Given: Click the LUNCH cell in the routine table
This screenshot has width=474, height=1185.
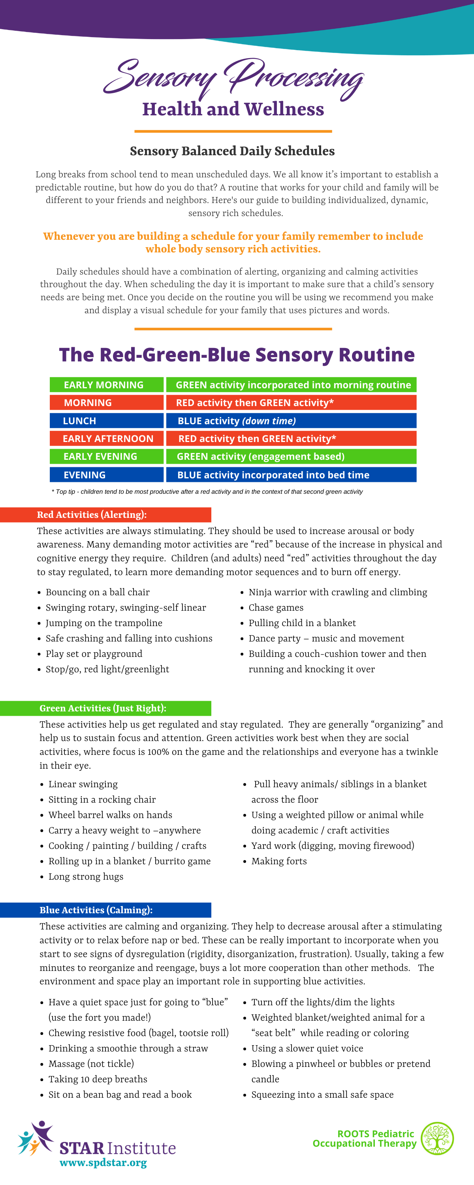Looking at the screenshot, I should pos(106,420).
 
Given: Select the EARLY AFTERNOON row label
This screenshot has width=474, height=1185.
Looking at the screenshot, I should pos(106,438).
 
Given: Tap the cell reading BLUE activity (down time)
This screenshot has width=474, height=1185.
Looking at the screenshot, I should pos(291,420).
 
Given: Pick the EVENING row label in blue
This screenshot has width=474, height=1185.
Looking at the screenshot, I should pos(106,474).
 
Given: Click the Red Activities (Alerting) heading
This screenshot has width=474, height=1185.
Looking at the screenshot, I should pos(92,515).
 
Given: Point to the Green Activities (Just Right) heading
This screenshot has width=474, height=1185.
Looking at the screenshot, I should pos(103,708).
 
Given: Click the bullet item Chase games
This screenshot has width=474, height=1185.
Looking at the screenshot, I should pos(276,608).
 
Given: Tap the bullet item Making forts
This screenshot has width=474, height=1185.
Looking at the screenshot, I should pos(279,861).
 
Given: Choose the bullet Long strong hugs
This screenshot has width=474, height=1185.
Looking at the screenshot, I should pos(86,877).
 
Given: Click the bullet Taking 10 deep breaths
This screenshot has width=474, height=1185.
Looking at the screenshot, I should pos(98,1079).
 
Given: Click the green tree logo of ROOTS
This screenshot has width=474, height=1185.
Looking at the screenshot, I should pos(437,1138).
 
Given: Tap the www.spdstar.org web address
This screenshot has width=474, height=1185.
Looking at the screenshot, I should pos(103,1162).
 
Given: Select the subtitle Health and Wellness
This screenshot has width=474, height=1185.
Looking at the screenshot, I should pos(233,109).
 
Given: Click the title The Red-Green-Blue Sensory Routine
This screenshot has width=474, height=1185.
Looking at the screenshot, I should pos(237,355).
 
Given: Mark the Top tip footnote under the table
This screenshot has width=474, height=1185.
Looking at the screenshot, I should pos(207,491).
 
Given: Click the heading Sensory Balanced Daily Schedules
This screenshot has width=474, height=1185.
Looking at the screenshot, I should pos(232,151).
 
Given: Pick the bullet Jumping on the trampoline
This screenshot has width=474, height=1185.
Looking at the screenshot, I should pos(103,623).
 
